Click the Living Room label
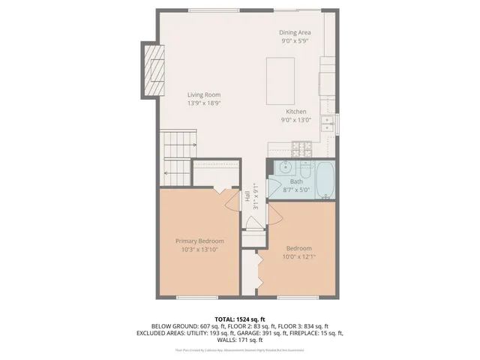203,94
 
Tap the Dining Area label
295,33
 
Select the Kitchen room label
295,111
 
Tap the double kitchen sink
328,123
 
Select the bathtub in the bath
325,180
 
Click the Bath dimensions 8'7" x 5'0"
296,190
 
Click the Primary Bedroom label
199,241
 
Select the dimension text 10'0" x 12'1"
298,257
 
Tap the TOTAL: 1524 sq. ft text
239,318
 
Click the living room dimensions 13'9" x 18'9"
203,103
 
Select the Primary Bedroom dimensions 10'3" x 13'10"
199,250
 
